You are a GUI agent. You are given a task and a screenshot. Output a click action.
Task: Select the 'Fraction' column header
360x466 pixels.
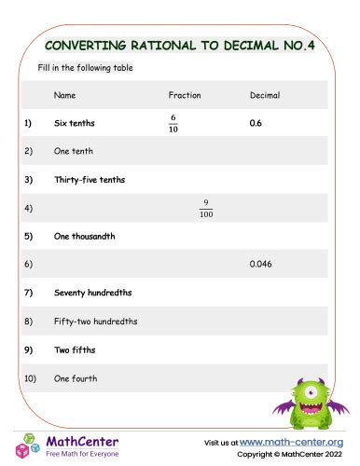185,95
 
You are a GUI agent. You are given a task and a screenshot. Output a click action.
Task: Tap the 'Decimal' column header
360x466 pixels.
265,95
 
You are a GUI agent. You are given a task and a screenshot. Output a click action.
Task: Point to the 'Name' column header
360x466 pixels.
64,95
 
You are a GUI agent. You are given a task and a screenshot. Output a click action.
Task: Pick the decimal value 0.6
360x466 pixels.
256,123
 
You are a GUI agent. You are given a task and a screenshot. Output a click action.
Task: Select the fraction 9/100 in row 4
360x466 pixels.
206,208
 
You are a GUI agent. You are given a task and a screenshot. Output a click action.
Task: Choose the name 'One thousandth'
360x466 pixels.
84,236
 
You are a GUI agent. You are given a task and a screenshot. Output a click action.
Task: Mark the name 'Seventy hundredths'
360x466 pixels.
92,293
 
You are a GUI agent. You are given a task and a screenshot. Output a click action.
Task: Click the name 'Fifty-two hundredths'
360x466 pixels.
95,322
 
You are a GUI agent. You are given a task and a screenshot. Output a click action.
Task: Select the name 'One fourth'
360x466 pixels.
76,378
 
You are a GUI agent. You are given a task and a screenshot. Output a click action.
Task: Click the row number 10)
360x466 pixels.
30,378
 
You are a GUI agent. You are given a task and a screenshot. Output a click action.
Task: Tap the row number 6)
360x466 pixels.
28,265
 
